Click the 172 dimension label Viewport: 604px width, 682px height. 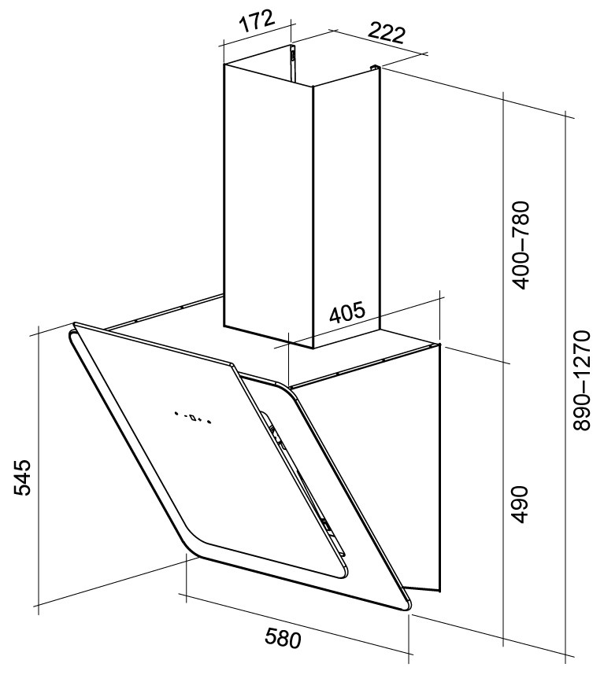(257, 21)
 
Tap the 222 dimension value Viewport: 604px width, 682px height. (387, 33)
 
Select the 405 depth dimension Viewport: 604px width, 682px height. (346, 313)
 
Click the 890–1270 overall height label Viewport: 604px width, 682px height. (581, 381)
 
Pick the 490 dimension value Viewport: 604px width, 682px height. (520, 504)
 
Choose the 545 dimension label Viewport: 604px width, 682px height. (22, 477)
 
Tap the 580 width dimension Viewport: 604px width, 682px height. (283, 639)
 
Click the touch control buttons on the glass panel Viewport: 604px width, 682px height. (193, 418)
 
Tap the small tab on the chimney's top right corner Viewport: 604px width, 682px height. (374, 68)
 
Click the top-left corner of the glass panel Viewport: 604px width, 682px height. (75, 324)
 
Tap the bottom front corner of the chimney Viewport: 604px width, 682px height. (313, 348)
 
